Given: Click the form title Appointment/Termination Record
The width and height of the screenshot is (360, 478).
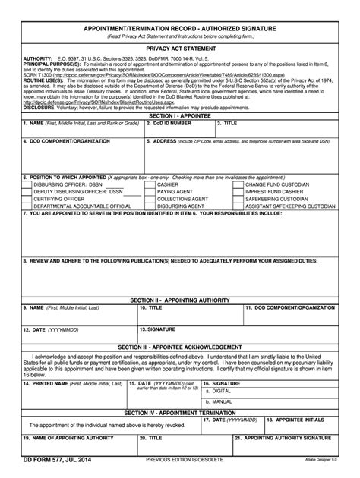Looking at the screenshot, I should pyautogui.click(x=180, y=27).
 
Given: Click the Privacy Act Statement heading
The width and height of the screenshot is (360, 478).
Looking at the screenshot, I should pyautogui.click(x=180, y=48).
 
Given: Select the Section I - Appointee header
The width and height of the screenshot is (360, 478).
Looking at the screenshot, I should pyautogui.click(x=180, y=115).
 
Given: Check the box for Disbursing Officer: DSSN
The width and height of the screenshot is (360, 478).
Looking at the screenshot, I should pyautogui.click(x=27, y=184).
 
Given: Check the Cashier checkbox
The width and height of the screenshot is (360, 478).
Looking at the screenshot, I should pyautogui.click(x=151, y=184).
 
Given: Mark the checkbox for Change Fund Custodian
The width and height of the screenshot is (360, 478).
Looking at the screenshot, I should pyautogui.click(x=238, y=184).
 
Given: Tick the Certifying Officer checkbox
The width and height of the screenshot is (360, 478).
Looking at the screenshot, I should pyautogui.click(x=27, y=198).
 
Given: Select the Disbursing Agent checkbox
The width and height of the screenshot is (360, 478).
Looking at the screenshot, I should pyautogui.click(x=151, y=205).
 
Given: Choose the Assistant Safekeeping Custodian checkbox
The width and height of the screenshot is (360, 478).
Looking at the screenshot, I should pyautogui.click(x=238, y=205).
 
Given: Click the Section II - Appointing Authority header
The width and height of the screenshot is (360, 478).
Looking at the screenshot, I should pyautogui.click(x=180, y=300).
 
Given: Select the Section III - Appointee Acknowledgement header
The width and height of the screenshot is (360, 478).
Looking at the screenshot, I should pyautogui.click(x=180, y=346).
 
